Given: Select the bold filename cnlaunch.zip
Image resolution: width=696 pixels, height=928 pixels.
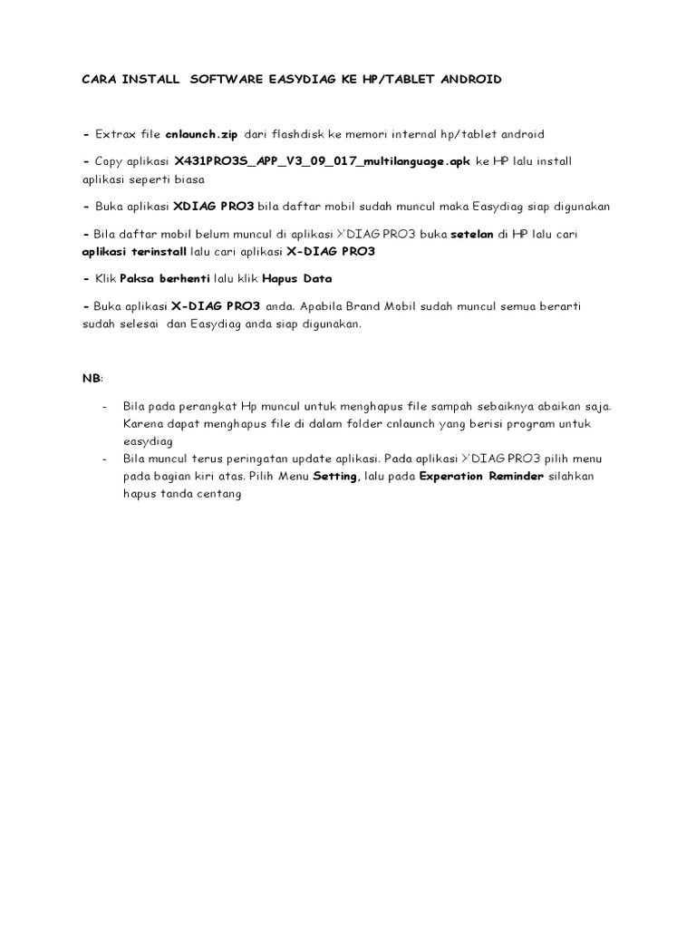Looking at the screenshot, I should pos(201,134).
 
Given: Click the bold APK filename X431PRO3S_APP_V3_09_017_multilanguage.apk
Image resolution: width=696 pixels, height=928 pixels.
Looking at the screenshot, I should pos(323,161).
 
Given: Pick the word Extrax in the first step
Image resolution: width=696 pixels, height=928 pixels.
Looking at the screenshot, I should pos(115,134).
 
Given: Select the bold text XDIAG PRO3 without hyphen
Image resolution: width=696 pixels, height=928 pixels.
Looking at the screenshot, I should pos(219,207).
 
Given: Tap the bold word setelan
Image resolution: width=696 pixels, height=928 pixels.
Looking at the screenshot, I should pos(472,234).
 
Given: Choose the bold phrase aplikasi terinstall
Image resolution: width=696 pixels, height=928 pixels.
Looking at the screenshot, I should pos(135,251).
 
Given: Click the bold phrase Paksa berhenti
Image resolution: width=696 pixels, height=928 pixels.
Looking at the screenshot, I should pos(165,278).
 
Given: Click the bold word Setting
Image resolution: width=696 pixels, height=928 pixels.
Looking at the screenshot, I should pos(335,477).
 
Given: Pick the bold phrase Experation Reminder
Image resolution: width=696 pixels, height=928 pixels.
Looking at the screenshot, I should pos(481,477).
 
